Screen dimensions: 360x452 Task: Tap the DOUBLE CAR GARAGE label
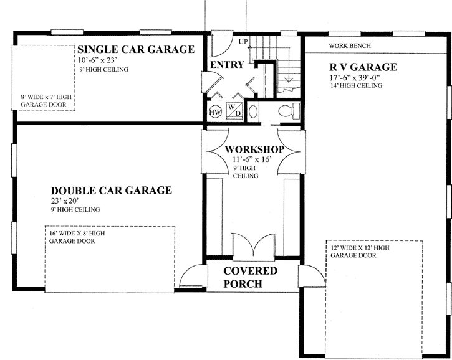click(111, 191)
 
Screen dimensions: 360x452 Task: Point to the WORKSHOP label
click(254, 150)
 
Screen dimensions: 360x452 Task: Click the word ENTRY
click(227, 65)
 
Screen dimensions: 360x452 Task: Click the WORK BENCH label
click(350, 46)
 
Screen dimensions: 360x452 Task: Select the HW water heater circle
click(216, 112)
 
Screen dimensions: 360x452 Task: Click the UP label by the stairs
click(244, 41)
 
